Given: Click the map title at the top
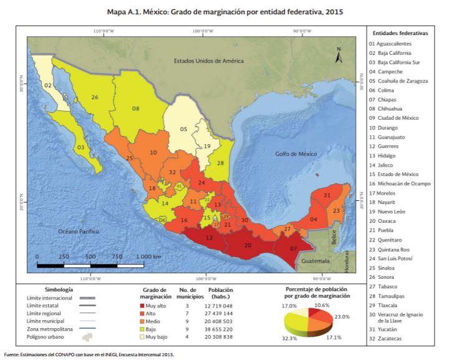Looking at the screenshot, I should point(224,12).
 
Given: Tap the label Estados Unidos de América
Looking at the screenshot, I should point(209,61).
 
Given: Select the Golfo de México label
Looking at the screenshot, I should point(297,153).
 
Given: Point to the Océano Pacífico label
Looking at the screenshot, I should point(79,231).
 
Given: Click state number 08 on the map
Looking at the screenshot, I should point(135,109).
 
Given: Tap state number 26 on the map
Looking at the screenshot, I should point(95,97).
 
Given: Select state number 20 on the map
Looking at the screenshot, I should point(248,245).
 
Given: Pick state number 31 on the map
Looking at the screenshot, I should point(327,196).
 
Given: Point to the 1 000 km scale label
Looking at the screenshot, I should point(149,256).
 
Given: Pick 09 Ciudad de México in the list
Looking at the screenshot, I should point(397,118).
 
